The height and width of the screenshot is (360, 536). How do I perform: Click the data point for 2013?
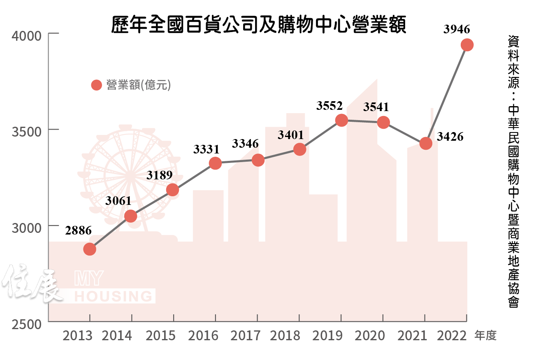point(90,249)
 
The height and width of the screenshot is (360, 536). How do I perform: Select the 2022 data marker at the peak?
point(466,45)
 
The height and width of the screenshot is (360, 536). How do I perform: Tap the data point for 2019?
point(341,120)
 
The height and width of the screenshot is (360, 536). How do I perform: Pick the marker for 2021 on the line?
point(425,144)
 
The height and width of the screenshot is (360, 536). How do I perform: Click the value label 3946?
point(457,29)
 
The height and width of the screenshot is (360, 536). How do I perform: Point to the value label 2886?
point(78,231)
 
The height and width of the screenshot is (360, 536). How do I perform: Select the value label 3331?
point(207,149)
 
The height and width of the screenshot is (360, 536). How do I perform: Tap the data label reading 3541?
point(376,107)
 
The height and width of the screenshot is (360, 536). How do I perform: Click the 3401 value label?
point(290,135)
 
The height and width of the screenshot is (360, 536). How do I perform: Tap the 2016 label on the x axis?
point(203,336)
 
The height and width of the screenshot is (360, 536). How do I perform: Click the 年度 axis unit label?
point(485,336)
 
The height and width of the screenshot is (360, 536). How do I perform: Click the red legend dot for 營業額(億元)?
point(96,85)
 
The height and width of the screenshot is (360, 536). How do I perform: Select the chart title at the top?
point(259,25)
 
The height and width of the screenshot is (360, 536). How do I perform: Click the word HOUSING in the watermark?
point(113,296)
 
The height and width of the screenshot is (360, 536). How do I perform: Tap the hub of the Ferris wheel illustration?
point(132,174)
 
